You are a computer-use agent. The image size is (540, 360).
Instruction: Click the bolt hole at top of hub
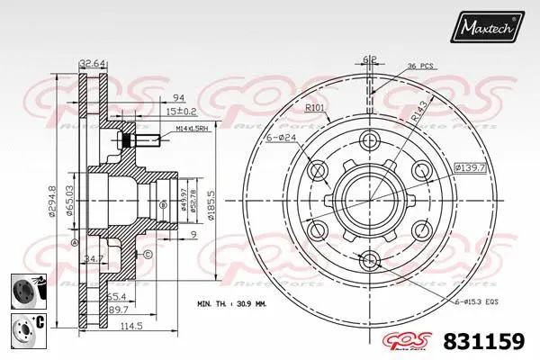coord(369,140)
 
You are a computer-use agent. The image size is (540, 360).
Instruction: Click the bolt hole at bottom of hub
coord(369,261)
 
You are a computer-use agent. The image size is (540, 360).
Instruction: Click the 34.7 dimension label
coord(92,259)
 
